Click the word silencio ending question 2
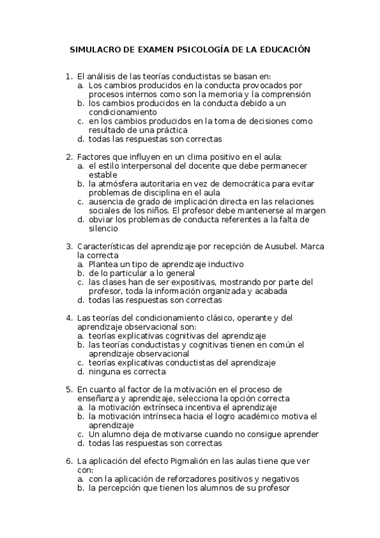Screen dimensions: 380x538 pos(103,228)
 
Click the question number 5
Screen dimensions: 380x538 pos(69,390)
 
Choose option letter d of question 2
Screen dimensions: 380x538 pos(81,220)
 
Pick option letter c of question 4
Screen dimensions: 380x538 pos(81,363)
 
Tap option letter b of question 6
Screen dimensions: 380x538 pos(81,488)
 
